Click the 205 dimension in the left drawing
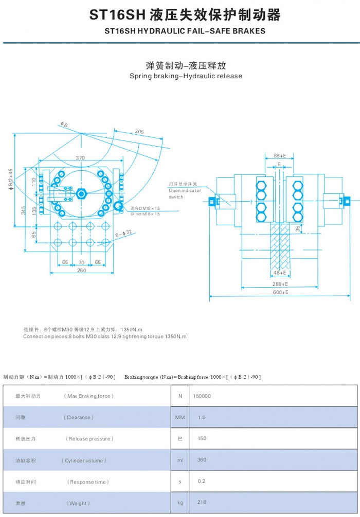point(139,132)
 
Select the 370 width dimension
point(80,158)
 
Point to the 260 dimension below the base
point(81,271)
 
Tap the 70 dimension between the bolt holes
point(81,262)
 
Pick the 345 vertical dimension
point(23,210)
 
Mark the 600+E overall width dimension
point(280,292)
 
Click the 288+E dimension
point(280,283)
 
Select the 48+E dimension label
point(280,273)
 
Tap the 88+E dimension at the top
point(280,155)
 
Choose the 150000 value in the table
point(202,396)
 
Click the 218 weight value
point(202,503)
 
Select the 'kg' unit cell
point(180,503)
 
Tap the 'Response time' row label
point(88,482)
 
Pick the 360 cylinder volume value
point(202,460)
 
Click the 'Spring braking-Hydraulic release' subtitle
point(186,76)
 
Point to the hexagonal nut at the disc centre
point(81,194)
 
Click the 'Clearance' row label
point(79,417)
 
